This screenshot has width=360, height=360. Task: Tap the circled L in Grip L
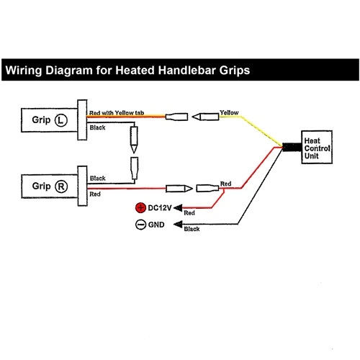click(61, 120)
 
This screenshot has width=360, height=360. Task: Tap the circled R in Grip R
click(61, 186)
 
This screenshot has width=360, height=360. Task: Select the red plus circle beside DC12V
click(140, 208)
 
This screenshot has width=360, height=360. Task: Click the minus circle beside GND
click(140, 225)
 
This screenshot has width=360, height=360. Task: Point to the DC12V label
click(160, 208)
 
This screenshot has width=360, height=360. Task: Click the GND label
click(156, 225)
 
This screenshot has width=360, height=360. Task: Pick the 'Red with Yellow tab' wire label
click(117, 113)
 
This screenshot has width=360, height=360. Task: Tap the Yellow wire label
click(229, 112)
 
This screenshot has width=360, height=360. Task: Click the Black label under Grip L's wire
click(97, 127)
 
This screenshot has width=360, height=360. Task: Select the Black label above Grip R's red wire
click(98, 179)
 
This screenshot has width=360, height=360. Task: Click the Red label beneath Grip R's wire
click(95, 194)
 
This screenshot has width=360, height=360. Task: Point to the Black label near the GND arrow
click(192, 229)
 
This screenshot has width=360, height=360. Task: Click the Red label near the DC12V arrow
click(189, 213)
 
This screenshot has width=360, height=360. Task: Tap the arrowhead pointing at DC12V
click(178, 208)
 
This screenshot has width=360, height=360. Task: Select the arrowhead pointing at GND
click(178, 225)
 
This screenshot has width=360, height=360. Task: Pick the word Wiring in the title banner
click(24, 71)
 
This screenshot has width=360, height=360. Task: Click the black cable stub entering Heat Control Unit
click(292, 147)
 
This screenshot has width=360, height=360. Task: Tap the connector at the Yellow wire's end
click(205, 117)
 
